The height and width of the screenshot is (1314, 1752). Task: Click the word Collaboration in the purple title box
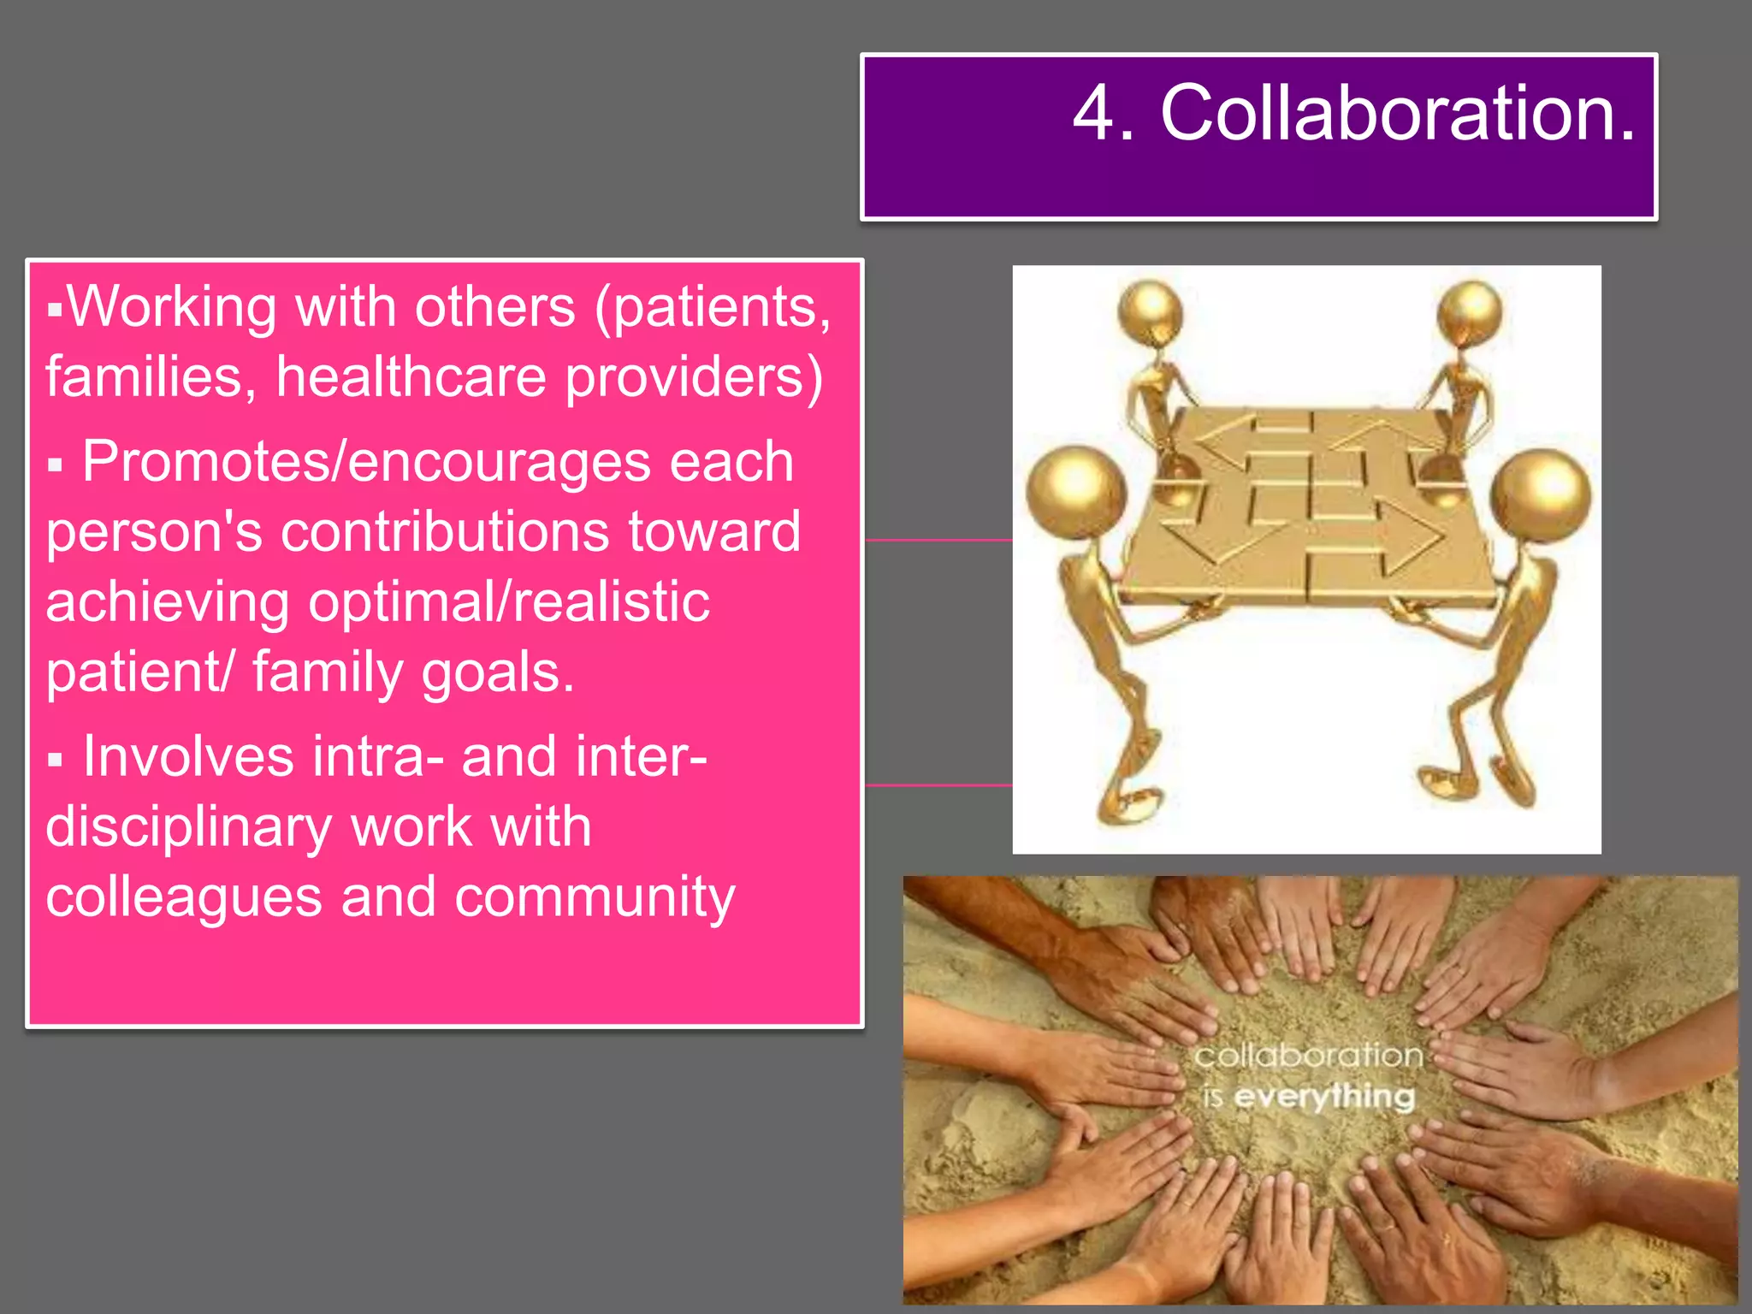pos(1397,114)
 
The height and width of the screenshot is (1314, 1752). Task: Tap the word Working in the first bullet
pos(171,307)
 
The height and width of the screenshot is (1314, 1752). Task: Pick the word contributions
pos(445,532)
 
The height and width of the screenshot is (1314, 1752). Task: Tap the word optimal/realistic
pos(509,602)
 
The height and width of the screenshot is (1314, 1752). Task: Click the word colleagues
pos(184,897)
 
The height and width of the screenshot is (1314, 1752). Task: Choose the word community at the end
pos(595,897)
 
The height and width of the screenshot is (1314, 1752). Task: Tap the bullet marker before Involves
pos(56,761)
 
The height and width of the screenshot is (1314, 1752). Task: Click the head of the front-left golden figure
pos(1074,493)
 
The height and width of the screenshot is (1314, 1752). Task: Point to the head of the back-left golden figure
pos(1151,311)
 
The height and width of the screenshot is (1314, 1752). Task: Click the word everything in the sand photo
pos(1324,1097)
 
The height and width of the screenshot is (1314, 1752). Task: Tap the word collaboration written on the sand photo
pos(1309,1056)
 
